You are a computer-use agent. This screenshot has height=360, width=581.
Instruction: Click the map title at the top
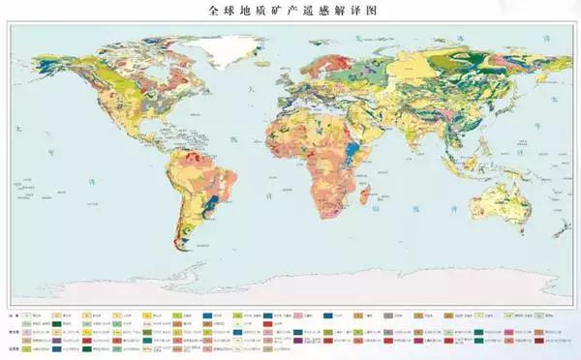pos(290,11)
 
